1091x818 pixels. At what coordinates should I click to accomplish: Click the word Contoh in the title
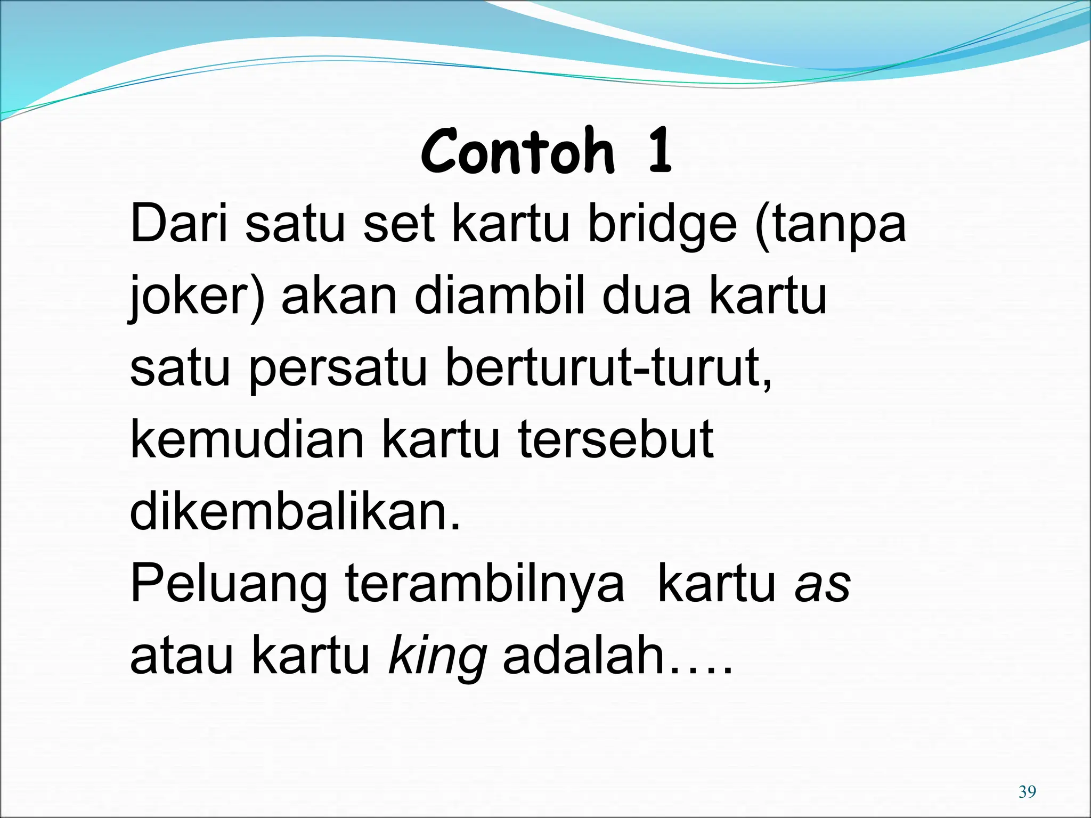pyautogui.click(x=517, y=152)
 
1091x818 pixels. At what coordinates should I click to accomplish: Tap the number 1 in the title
pyautogui.click(x=660, y=152)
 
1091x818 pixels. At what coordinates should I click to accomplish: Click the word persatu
pyautogui.click(x=338, y=369)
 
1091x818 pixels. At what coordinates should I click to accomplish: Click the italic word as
pyautogui.click(x=823, y=585)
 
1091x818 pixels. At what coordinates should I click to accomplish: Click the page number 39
pyautogui.click(x=1027, y=792)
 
